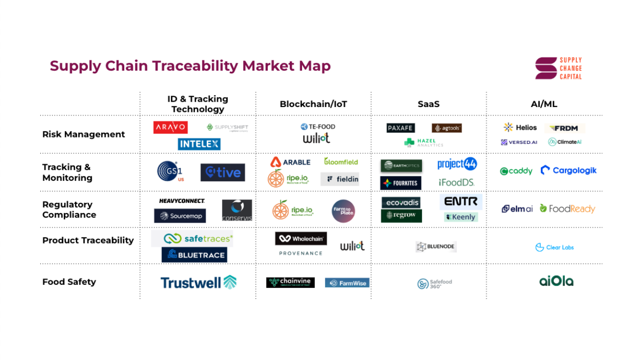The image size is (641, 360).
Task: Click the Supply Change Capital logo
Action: (x=558, y=68)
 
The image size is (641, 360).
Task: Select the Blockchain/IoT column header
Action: (x=313, y=104)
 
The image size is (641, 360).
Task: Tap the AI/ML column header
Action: (x=544, y=104)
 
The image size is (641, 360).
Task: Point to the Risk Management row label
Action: (x=84, y=134)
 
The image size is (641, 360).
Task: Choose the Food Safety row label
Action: (x=69, y=282)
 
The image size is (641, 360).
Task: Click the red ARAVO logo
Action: (x=170, y=127)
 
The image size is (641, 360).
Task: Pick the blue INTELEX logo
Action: (x=199, y=144)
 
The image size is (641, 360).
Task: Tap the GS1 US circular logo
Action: (x=170, y=171)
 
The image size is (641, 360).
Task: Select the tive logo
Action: (x=223, y=172)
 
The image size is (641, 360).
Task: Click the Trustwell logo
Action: (x=198, y=282)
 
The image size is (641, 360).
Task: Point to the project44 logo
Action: (x=457, y=164)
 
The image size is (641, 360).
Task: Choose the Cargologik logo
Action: (x=569, y=170)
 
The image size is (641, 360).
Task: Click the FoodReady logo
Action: (x=567, y=209)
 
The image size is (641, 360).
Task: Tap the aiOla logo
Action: (x=556, y=281)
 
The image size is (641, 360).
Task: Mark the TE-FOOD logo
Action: (x=318, y=127)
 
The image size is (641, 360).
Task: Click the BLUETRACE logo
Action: (x=194, y=254)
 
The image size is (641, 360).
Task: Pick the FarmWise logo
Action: (x=347, y=283)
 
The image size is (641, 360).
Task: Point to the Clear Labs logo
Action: (x=555, y=248)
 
